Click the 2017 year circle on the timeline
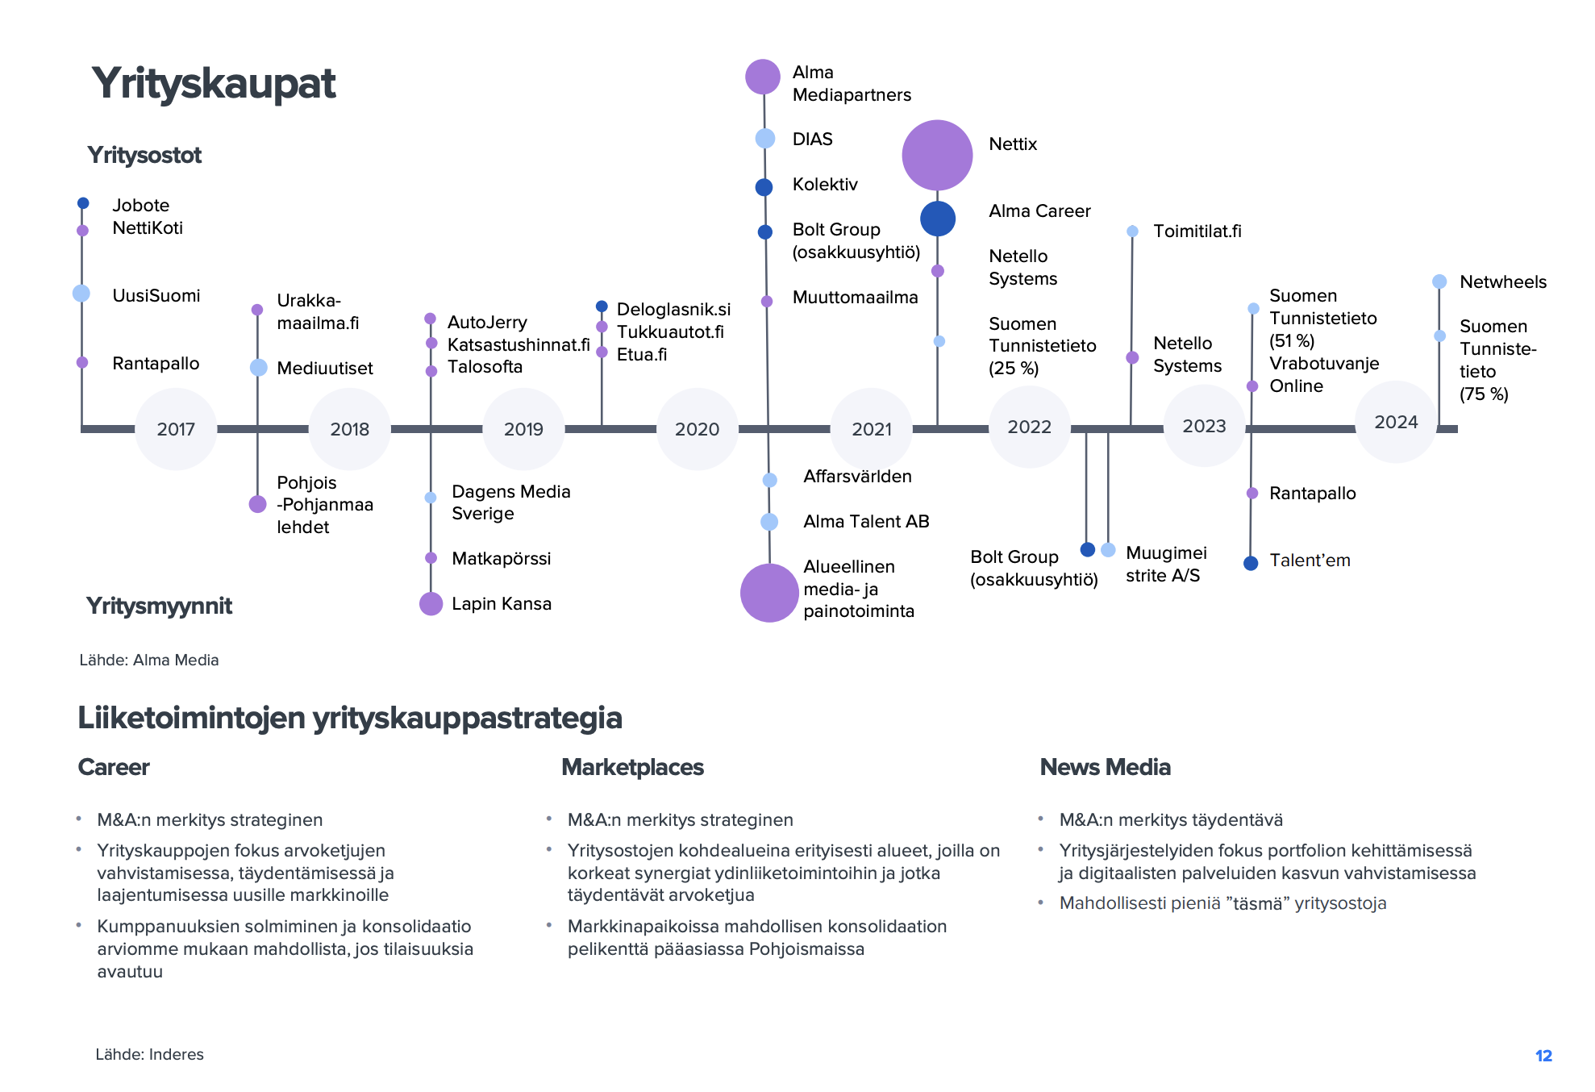(x=176, y=429)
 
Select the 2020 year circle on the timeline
(x=697, y=429)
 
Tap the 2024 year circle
(x=1396, y=423)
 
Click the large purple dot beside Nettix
(x=937, y=155)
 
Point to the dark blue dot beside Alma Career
(x=938, y=219)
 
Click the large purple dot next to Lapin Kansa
(x=431, y=603)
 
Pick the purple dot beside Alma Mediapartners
(x=763, y=77)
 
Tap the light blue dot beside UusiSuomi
(x=81, y=294)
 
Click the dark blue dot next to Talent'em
(x=1251, y=563)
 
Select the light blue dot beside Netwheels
(x=1439, y=281)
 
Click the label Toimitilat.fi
(x=1197, y=231)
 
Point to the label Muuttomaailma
(x=855, y=298)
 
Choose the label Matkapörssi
(x=501, y=558)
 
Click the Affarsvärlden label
(x=857, y=477)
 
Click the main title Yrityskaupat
(x=214, y=84)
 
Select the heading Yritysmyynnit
(x=159, y=606)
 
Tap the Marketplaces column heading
(x=632, y=767)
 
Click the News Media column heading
(x=1105, y=767)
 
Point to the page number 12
(x=1543, y=1056)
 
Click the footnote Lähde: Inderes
(x=149, y=1054)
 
